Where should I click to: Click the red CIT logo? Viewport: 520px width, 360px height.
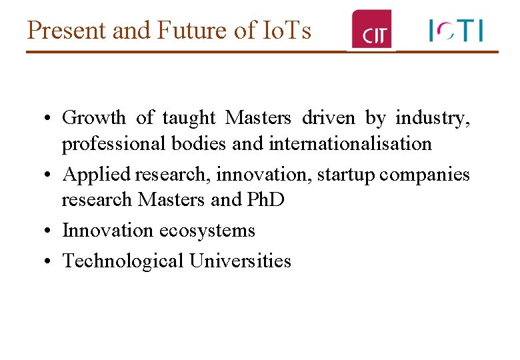(372, 30)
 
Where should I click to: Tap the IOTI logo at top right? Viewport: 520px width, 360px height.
(456, 31)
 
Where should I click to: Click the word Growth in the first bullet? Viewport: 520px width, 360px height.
(94, 118)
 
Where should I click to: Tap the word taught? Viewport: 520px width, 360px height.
(189, 118)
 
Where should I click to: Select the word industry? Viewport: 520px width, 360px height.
(433, 118)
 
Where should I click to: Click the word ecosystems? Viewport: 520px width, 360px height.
(207, 231)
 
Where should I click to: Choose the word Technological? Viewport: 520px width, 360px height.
(123, 261)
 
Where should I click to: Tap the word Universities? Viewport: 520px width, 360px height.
(240, 261)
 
